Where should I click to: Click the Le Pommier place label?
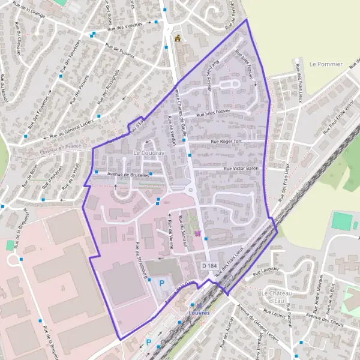[x=326, y=64]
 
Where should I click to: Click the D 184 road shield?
[x=209, y=265]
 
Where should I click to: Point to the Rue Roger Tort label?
[x=226, y=142]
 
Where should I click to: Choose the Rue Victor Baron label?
[x=241, y=169]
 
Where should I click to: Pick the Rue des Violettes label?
[x=125, y=25]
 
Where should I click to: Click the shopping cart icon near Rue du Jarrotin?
[x=198, y=232]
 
